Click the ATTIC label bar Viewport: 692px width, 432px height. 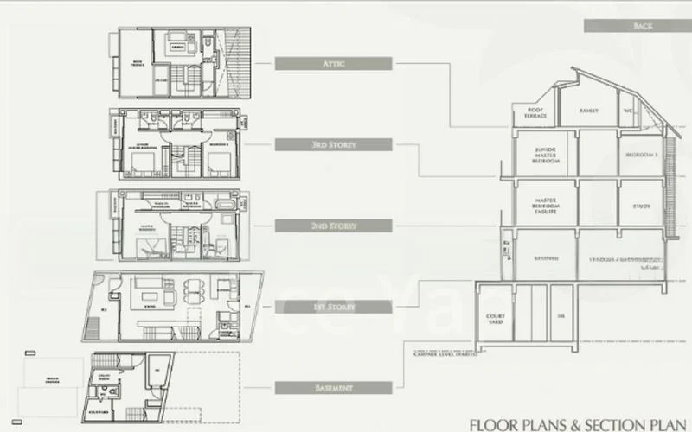(x=334, y=63)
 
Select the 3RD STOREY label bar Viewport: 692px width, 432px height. (x=334, y=144)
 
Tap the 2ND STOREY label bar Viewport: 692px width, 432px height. (x=334, y=226)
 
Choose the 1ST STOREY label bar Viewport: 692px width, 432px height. (x=334, y=307)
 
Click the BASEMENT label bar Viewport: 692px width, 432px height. (x=334, y=388)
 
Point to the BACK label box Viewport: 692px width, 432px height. (x=642, y=27)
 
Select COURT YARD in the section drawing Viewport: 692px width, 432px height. (x=497, y=317)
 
